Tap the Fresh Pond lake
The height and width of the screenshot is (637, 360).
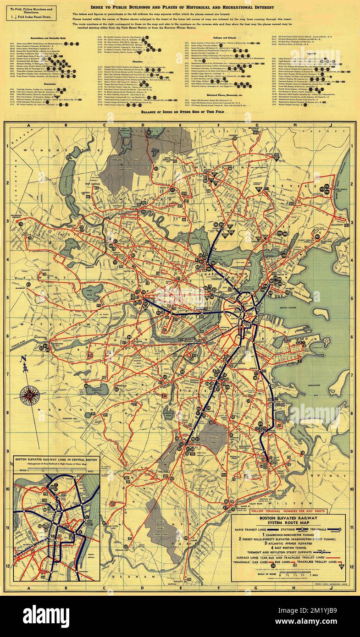coord(92,292)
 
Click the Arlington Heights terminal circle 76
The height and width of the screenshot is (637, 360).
coord(21,223)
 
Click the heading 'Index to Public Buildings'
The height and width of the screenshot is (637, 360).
coord(182,8)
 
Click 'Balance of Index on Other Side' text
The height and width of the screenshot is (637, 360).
coord(182,111)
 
